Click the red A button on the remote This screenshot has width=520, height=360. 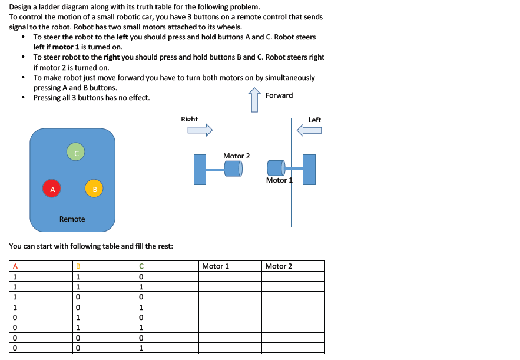52,189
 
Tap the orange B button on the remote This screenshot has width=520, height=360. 94,189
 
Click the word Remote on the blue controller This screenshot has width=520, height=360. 72,219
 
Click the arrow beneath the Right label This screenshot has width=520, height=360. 199,130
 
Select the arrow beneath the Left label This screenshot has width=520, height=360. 310,130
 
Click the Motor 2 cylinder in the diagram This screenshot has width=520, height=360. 233,169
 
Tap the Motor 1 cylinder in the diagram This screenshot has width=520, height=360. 276,169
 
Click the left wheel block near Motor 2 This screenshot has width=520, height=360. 200,170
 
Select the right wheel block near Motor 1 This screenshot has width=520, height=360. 309,170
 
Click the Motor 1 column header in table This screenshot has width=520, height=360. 216,266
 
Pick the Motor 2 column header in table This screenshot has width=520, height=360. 279,266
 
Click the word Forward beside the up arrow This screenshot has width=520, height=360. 279,95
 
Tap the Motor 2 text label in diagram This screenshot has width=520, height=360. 236,156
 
